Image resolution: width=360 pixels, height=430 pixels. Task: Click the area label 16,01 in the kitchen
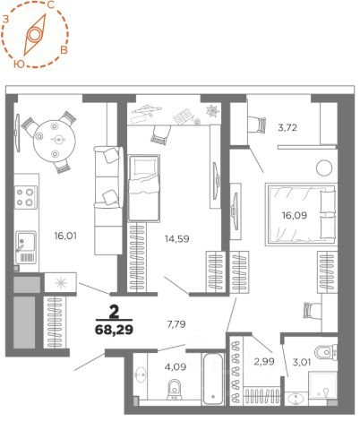(65, 236)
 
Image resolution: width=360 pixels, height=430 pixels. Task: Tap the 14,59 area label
(177, 239)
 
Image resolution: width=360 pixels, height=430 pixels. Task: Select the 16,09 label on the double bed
(295, 215)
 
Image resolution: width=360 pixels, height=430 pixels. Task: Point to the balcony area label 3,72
(287, 128)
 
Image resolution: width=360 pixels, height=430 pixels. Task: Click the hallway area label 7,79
(176, 324)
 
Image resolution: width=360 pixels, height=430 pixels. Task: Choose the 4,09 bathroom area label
(176, 366)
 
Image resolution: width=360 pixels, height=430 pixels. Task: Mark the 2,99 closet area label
(264, 362)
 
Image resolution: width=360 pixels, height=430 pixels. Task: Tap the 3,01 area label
(302, 363)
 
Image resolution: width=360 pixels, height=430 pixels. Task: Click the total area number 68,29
(114, 330)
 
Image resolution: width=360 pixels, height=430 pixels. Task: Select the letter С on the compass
(51, 4)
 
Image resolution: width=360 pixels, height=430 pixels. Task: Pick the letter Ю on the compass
(19, 64)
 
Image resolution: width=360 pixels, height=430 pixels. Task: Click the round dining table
(54, 140)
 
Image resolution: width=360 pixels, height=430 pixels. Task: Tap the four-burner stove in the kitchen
(26, 197)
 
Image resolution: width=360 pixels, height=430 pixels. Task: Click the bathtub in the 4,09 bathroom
(213, 378)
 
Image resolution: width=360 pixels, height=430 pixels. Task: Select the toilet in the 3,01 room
(326, 352)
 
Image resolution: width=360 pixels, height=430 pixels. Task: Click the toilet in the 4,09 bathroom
(175, 389)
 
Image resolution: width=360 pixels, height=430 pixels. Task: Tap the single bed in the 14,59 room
(143, 188)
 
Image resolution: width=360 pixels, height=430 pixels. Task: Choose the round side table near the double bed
(324, 168)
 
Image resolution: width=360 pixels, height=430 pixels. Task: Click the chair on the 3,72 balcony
(257, 125)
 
